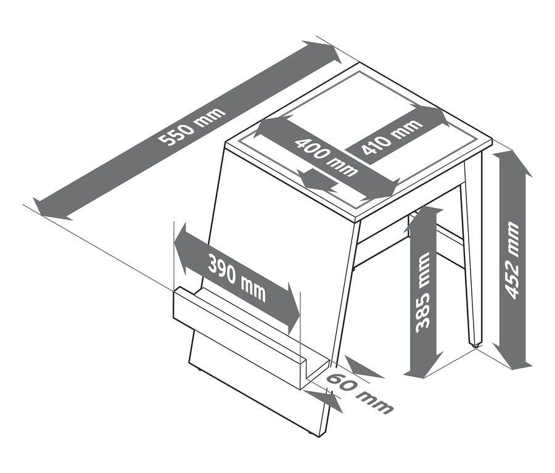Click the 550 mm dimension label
click(192, 126)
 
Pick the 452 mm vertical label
click(511, 260)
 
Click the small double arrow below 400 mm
click(316, 180)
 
